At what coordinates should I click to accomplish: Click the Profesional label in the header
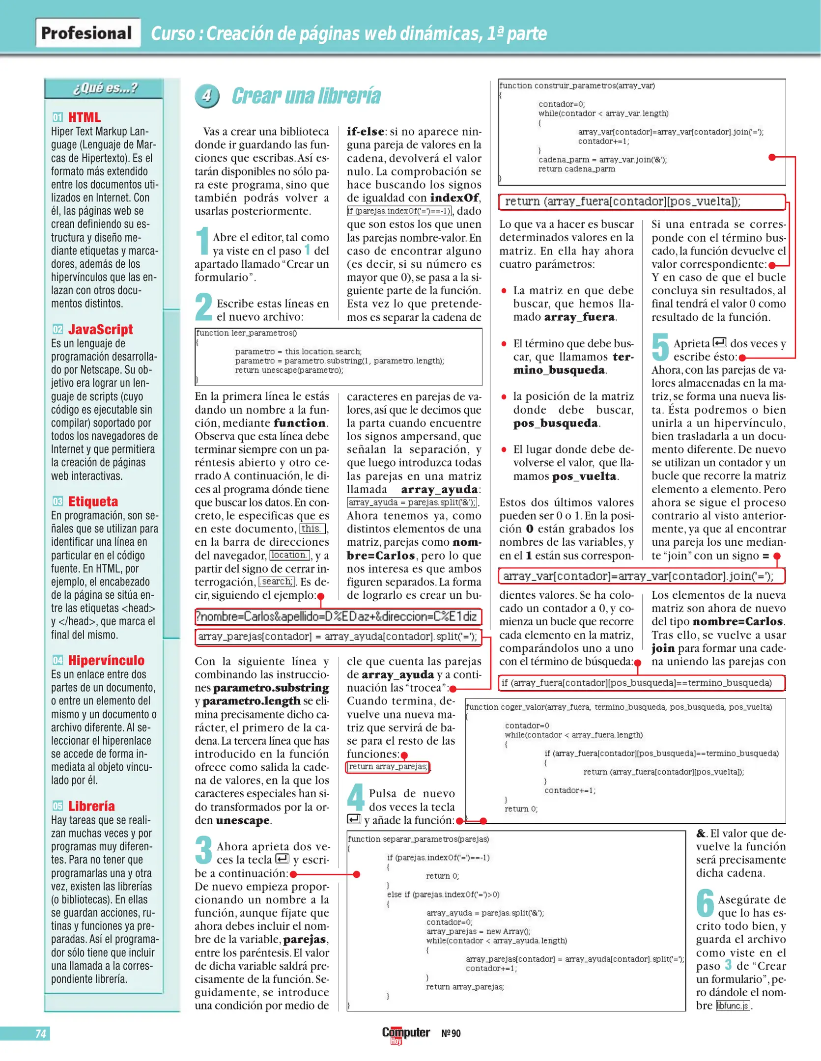(87, 33)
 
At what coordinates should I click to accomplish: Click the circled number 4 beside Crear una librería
(207, 96)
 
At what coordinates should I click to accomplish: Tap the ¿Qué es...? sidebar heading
(105, 88)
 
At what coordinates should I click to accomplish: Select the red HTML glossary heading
(84, 117)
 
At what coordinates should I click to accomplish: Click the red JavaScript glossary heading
(100, 329)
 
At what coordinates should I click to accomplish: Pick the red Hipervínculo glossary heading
(106, 660)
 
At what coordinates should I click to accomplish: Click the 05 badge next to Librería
(57, 806)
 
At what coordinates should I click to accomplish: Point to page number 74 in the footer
(41, 1033)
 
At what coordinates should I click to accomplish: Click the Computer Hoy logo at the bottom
(405, 1033)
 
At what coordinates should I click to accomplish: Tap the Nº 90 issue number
(451, 1033)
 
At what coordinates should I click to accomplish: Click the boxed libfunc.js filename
(733, 1005)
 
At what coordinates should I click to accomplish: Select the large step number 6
(705, 903)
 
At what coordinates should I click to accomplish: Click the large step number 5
(660, 347)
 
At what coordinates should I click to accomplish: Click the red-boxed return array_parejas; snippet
(388, 767)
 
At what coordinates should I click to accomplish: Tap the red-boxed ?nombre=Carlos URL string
(338, 616)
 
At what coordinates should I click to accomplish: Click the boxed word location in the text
(289, 555)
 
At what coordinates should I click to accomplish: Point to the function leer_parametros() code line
(247, 333)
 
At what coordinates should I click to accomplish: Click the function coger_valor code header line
(619, 707)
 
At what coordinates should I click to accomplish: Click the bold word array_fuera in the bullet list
(579, 317)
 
